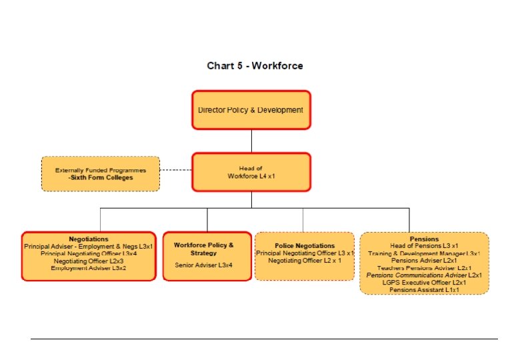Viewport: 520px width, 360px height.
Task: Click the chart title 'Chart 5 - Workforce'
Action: [255, 65]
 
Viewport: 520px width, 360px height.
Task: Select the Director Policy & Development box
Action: [251, 110]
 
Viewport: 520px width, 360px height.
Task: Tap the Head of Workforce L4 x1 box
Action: [251, 172]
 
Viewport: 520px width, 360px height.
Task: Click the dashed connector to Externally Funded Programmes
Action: [176, 170]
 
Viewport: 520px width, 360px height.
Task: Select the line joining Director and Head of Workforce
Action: [251, 141]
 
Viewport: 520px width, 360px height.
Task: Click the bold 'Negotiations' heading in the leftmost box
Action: [89, 239]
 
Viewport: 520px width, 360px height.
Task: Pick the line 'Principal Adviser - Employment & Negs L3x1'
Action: [89, 246]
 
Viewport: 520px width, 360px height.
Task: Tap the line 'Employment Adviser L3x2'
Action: [89, 268]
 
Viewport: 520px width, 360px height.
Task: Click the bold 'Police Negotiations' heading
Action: [305, 246]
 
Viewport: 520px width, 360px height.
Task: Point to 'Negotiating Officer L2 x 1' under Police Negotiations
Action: [305, 261]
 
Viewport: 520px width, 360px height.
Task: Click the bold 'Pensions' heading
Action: [424, 239]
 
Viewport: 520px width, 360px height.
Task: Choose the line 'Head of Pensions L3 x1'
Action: [424, 246]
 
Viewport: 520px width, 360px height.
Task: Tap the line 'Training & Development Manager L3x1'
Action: [424, 253]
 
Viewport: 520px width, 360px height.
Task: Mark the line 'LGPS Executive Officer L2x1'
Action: [424, 283]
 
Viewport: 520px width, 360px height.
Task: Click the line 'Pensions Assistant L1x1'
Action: [424, 290]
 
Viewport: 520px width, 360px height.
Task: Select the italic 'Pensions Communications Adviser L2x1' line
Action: [424, 275]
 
